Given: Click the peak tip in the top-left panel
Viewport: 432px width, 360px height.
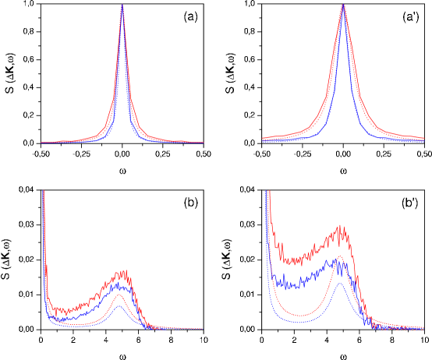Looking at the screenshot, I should point(122,5).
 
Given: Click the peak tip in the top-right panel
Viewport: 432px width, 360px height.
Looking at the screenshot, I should point(343,5).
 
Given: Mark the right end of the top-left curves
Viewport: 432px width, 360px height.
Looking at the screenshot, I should point(204,142).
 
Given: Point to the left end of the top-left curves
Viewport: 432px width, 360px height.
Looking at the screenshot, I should point(41,143).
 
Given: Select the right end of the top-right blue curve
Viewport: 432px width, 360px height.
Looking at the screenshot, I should point(423,141).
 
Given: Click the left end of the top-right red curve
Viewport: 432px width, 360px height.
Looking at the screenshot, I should point(262,138).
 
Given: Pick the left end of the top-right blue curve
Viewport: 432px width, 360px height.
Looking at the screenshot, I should point(262,141).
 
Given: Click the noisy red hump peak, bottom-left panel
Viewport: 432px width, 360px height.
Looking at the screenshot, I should point(122,270).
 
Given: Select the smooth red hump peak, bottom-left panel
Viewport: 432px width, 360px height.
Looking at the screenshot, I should point(119,295).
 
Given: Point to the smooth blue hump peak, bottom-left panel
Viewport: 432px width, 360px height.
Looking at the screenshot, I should point(119,305).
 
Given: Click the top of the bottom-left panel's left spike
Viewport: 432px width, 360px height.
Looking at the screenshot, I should point(43,190).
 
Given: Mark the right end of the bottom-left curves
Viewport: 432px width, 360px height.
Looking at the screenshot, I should point(204,328).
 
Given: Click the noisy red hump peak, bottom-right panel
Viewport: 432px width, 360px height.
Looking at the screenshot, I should point(341,226).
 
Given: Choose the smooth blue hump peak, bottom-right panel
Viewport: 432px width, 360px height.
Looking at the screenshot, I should point(340,284).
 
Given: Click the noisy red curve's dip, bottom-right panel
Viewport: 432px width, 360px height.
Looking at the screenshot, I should point(290,263).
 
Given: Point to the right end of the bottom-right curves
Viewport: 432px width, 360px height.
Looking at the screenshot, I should point(424,328).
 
